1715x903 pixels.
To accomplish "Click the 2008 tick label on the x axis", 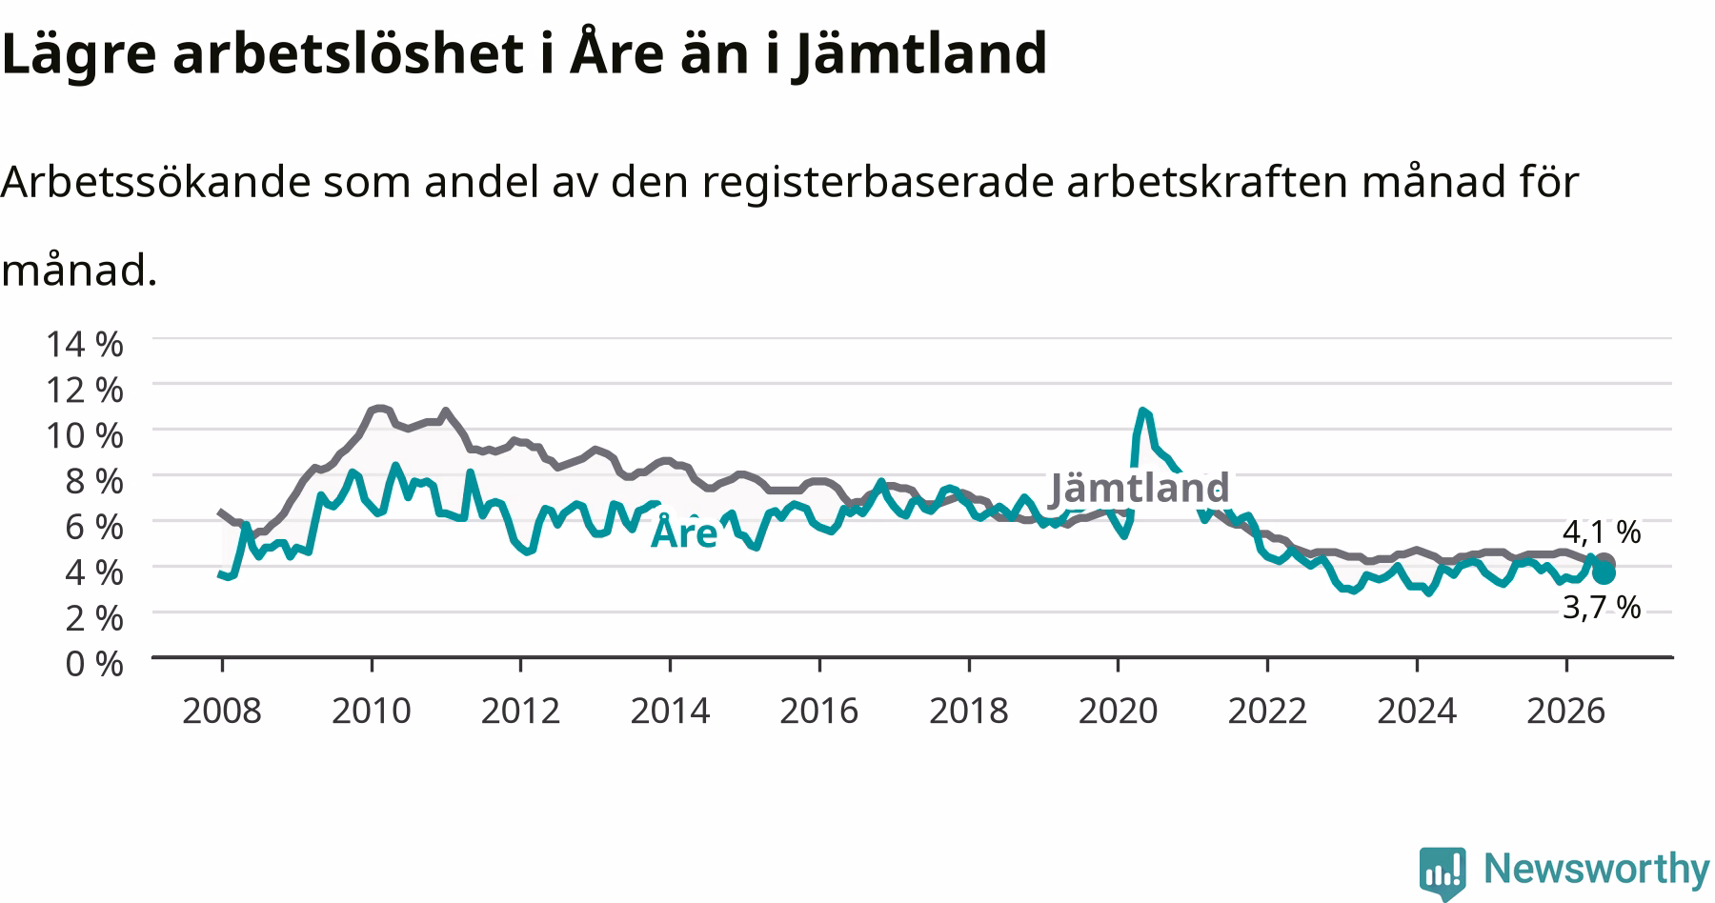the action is click(221, 711).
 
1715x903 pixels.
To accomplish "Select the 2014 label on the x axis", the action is click(670, 711).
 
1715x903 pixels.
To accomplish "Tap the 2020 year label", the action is click(1118, 711).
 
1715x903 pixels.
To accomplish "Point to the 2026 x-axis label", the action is click(1566, 711).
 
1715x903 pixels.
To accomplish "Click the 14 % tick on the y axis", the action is click(85, 344).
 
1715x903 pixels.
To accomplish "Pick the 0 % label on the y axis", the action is click(94, 663).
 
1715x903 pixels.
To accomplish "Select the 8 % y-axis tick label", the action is click(94, 481).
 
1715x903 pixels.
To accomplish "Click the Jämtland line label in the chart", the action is click(1140, 488).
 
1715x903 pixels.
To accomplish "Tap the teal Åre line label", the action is click(683, 532).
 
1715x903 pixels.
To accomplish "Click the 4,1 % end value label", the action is click(1602, 532).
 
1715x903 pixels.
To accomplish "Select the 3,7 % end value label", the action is click(1602, 607).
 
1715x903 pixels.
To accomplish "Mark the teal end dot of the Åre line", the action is click(1604, 572).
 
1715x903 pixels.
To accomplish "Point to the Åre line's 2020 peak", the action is click(1141, 411).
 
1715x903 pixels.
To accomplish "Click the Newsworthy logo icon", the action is click(1444, 872).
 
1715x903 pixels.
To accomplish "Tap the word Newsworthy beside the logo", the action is click(1597, 868).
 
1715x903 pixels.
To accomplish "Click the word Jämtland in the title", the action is click(920, 54).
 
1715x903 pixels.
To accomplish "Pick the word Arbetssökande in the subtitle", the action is click(156, 182).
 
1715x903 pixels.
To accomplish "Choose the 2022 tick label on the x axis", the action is click(1267, 711).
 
